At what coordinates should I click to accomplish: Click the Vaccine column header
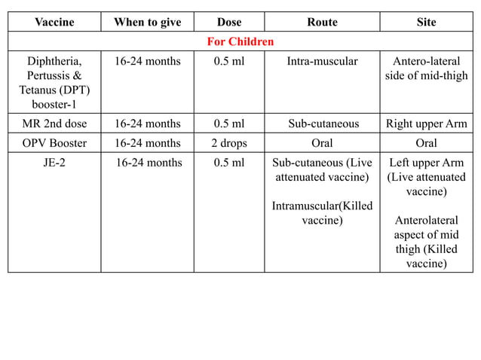tap(54, 22)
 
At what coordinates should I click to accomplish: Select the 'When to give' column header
tap(147, 22)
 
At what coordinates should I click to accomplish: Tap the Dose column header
tap(228, 22)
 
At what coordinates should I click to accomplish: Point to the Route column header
tap(322, 22)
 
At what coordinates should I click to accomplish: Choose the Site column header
tap(426, 22)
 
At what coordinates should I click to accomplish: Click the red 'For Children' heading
tap(240, 41)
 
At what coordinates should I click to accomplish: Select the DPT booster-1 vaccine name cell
tap(54, 83)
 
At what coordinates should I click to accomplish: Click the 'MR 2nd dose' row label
tap(54, 124)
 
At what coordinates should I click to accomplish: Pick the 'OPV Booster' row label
tap(54, 142)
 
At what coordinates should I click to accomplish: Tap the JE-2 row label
tap(54, 162)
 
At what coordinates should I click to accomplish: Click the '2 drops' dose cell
tap(228, 142)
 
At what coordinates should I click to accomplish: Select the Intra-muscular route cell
tap(322, 61)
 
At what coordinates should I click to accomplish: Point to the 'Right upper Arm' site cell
tap(426, 124)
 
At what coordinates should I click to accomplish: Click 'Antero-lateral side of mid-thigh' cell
tap(426, 69)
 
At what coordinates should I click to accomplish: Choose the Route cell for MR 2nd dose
tap(322, 124)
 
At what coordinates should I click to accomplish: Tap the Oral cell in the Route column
tap(322, 142)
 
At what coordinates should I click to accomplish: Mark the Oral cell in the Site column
tap(426, 142)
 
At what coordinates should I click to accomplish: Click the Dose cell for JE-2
tap(228, 162)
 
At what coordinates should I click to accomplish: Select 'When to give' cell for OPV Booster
tap(147, 142)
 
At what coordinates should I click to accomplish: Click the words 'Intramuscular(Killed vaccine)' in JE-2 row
tap(322, 213)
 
